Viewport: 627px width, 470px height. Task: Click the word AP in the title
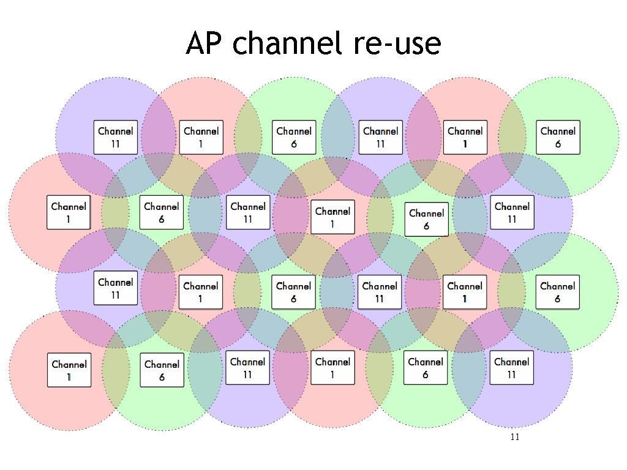206,44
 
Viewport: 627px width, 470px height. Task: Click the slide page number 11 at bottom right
514,437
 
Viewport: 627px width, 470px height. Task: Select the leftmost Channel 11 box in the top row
115,137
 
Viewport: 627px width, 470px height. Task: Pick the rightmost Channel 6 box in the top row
558,137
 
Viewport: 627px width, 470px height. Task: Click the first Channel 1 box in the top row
201,137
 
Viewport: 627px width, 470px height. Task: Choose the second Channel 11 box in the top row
380,137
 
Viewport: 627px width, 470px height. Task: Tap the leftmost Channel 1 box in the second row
69,212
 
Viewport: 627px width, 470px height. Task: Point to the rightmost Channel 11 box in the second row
512,212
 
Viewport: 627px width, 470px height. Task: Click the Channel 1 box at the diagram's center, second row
332,217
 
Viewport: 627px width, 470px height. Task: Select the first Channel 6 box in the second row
161,212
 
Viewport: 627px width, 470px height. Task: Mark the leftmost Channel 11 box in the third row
115,288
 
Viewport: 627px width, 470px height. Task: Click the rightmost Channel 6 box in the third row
557,292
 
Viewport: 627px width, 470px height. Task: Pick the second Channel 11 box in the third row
380,292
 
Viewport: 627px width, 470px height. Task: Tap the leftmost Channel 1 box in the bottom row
69,370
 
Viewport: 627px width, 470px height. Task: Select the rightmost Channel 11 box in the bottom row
511,368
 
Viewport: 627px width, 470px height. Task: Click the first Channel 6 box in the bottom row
162,370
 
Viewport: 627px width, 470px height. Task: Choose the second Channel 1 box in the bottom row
332,368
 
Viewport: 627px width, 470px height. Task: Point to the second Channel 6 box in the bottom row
426,368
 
